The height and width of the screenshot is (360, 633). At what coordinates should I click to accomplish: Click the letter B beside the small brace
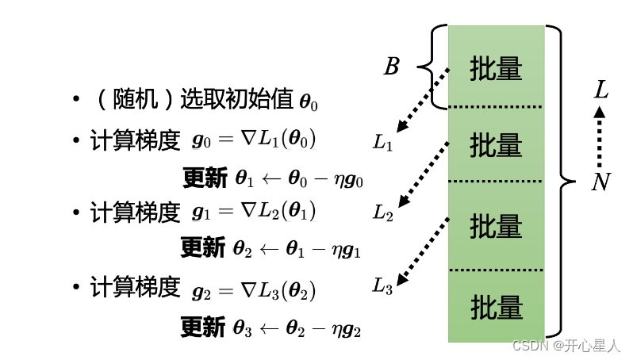pyautogui.click(x=392, y=67)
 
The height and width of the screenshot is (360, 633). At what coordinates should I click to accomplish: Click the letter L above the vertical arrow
pyautogui.click(x=600, y=90)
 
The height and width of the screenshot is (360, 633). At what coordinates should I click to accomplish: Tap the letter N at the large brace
pyautogui.click(x=600, y=183)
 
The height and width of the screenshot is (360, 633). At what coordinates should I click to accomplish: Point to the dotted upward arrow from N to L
pyautogui.click(x=600, y=136)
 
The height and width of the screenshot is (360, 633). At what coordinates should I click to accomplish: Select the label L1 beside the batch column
pyautogui.click(x=382, y=144)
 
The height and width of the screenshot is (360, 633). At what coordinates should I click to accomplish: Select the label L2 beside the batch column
pyautogui.click(x=382, y=213)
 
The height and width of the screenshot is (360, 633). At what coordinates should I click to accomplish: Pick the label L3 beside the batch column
pyautogui.click(x=382, y=286)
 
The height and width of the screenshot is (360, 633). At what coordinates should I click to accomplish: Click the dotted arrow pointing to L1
pyautogui.click(x=422, y=100)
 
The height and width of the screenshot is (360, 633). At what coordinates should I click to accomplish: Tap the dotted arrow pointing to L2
pyautogui.click(x=422, y=173)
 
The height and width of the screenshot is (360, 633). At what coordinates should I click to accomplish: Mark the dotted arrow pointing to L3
pyautogui.click(x=422, y=251)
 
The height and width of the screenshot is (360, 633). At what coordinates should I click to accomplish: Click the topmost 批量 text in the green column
pyautogui.click(x=496, y=68)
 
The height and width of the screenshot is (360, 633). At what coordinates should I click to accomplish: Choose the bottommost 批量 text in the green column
pyautogui.click(x=496, y=306)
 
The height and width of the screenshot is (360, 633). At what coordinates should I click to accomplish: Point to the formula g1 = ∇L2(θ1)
pyautogui.click(x=254, y=212)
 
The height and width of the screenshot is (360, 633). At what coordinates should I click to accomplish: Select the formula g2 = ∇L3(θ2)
pyautogui.click(x=254, y=289)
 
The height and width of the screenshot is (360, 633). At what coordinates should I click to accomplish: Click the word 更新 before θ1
pyautogui.click(x=205, y=178)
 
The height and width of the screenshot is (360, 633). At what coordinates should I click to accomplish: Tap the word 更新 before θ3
pyautogui.click(x=202, y=327)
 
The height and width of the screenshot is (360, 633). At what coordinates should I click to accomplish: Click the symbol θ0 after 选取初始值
pyautogui.click(x=308, y=102)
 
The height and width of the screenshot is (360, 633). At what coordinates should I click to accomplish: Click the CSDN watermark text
pyautogui.click(x=565, y=346)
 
